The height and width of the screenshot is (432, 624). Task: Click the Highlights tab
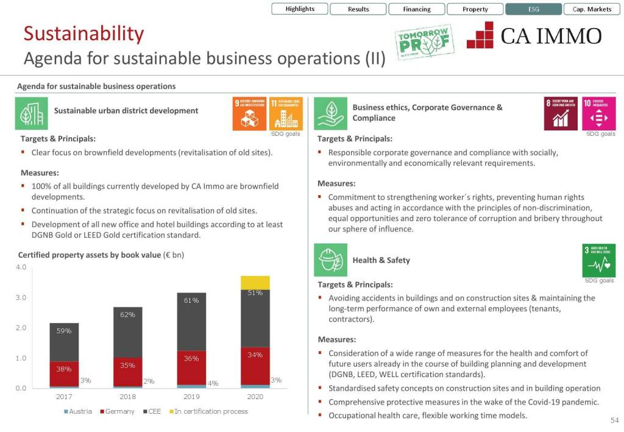pyautogui.click(x=300, y=9)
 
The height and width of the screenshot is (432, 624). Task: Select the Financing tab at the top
pyautogui.click(x=417, y=9)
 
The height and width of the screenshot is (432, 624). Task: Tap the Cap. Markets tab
pyautogui.click(x=592, y=9)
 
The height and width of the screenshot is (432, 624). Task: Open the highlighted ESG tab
pyautogui.click(x=533, y=9)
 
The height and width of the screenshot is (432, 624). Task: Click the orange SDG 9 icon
pyautogui.click(x=249, y=113)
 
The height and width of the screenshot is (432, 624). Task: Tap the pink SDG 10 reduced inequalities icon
pyautogui.click(x=599, y=113)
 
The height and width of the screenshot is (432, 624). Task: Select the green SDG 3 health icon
pyautogui.click(x=600, y=260)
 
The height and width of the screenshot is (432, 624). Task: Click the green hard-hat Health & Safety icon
pyautogui.click(x=330, y=260)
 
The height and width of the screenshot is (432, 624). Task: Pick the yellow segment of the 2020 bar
pyautogui.click(x=255, y=282)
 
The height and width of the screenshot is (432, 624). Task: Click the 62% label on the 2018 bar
pyautogui.click(x=127, y=315)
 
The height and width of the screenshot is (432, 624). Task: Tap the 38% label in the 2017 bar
pyautogui.click(x=64, y=369)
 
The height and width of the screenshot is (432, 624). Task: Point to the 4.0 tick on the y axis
pyautogui.click(x=21, y=267)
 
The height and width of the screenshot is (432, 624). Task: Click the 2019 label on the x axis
pyautogui.click(x=191, y=397)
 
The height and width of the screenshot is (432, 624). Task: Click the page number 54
pyautogui.click(x=614, y=420)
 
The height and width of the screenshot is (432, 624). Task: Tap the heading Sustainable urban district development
pyautogui.click(x=126, y=111)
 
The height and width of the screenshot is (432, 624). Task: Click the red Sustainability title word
pyautogui.click(x=83, y=34)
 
